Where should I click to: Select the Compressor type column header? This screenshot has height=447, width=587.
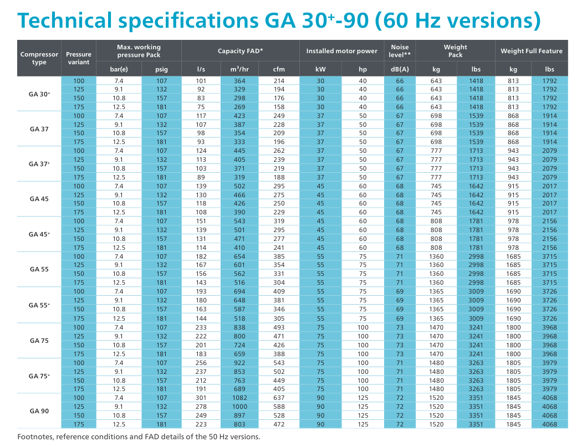click(x=39, y=58)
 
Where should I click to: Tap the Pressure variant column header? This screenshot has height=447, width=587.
click(x=79, y=58)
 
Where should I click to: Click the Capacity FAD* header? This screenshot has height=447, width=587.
click(x=240, y=51)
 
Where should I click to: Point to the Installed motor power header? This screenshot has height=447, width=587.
click(x=341, y=51)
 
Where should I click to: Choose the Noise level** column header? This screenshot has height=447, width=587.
click(x=400, y=51)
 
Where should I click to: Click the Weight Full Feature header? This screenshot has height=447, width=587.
click(x=531, y=51)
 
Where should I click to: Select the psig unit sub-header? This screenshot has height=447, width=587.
click(x=161, y=69)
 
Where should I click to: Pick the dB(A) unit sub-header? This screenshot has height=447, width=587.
click(x=400, y=69)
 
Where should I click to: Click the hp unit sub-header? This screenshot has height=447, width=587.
click(x=363, y=69)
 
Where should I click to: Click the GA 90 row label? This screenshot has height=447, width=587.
click(x=39, y=411)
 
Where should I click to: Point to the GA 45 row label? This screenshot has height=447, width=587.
click(x=39, y=199)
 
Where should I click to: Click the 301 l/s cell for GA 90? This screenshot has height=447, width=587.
click(x=201, y=398)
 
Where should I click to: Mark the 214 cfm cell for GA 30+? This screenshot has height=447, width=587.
click(x=279, y=81)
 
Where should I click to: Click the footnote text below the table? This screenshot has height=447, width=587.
click(x=139, y=436)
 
